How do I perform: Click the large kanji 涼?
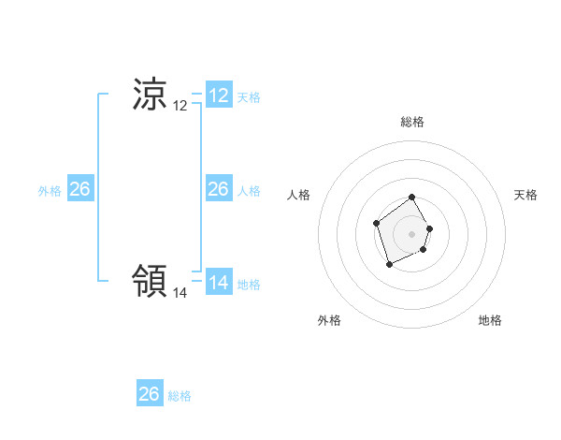[x=150, y=95]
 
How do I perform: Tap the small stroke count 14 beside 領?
[x=180, y=292]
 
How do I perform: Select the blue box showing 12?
[x=219, y=95]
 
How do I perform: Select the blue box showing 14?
[x=219, y=282]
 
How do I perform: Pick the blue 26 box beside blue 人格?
[x=219, y=189]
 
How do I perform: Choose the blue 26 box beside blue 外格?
[x=79, y=189]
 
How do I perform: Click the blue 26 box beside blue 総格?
[x=149, y=394]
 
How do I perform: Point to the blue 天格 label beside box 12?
[x=249, y=97]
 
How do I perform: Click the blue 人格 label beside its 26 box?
[x=249, y=191]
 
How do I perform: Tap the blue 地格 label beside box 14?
[x=249, y=285]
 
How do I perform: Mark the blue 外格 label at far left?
[x=50, y=191]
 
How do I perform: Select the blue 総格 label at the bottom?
[x=180, y=396]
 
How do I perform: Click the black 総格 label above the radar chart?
[x=412, y=122]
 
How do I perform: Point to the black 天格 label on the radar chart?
[x=526, y=195]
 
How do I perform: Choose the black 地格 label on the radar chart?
[x=490, y=320]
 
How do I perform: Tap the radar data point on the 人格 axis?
[x=376, y=223]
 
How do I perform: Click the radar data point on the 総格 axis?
[x=412, y=198]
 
